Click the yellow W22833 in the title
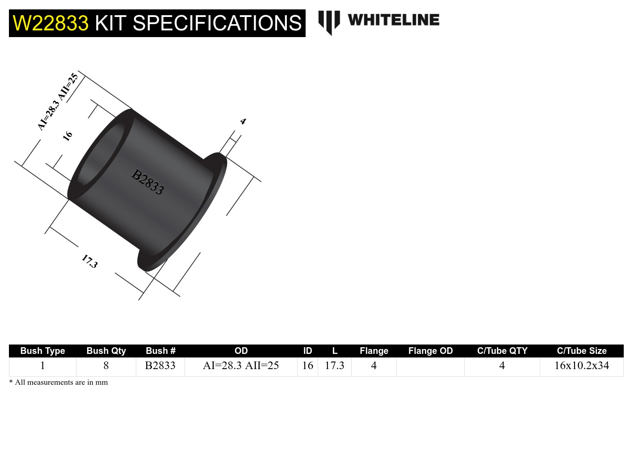click(50, 23)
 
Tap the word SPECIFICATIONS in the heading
click(217, 23)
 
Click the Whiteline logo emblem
click(329, 22)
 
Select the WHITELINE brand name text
click(393, 20)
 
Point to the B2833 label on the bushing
click(148, 181)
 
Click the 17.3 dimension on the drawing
click(89, 261)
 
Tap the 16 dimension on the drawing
click(67, 135)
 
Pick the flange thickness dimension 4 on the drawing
click(243, 121)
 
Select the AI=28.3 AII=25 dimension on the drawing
click(58, 102)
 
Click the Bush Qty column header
click(106, 351)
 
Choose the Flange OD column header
click(430, 351)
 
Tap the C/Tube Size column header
click(581, 351)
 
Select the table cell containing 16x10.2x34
click(581, 366)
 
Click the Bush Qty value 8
click(106, 366)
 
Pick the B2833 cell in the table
click(160, 366)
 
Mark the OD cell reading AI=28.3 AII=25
click(241, 366)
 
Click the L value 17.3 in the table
click(334, 366)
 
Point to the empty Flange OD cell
click(430, 366)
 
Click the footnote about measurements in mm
click(59, 383)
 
